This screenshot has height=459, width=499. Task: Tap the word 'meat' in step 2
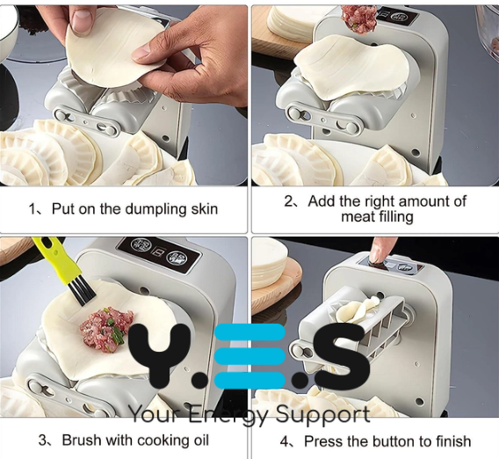(x=358, y=217)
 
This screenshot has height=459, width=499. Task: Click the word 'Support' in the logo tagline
(x=322, y=415)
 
